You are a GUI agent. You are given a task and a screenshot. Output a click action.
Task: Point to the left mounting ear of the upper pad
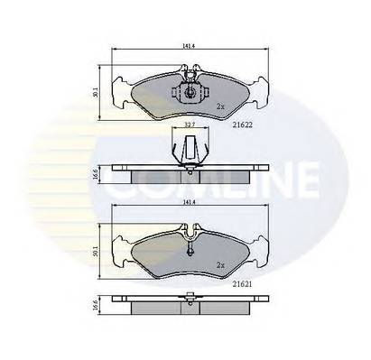(x=120, y=89)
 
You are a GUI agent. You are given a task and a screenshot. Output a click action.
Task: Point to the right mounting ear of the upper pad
(x=259, y=89)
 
